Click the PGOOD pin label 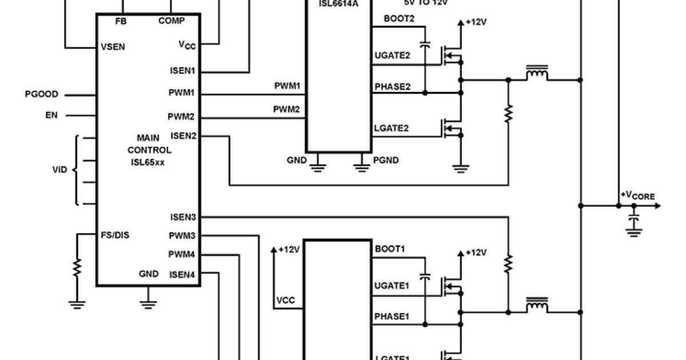[x=42, y=94]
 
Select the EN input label [x=52, y=115]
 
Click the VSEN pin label [x=113, y=47]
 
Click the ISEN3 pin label [x=182, y=217]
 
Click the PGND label [x=386, y=161]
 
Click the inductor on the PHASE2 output [x=536, y=74]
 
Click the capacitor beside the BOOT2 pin [x=425, y=45]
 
